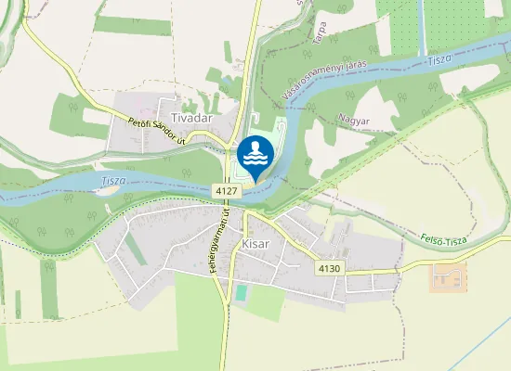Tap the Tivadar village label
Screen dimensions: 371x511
point(191,118)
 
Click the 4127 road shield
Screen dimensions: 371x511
point(227,190)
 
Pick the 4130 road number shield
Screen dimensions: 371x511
point(329,268)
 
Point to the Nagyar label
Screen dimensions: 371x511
point(354,120)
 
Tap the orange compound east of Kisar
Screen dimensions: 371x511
point(449,276)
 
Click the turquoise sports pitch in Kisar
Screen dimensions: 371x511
point(242,293)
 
